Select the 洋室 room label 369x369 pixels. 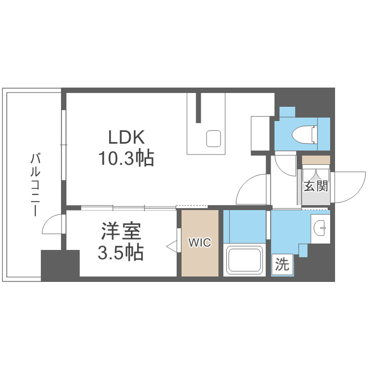pyautogui.click(x=121, y=231)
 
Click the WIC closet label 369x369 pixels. pyautogui.click(x=200, y=243)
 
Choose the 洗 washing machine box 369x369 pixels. pyautogui.click(x=282, y=265)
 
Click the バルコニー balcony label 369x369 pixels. pyautogui.click(x=35, y=185)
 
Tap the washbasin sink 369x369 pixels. pyautogui.click(x=321, y=228)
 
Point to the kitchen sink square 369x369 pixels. pyautogui.click(x=214, y=138)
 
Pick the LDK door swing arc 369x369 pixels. pyautogui.click(x=250, y=189)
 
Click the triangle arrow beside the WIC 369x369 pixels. pyautogui.click(x=172, y=246)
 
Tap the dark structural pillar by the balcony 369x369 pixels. pyautogui.click(x=60, y=265)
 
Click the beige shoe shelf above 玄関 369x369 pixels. pyautogui.click(x=316, y=160)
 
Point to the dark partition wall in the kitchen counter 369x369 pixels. pyautogui.click(x=199, y=107)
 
